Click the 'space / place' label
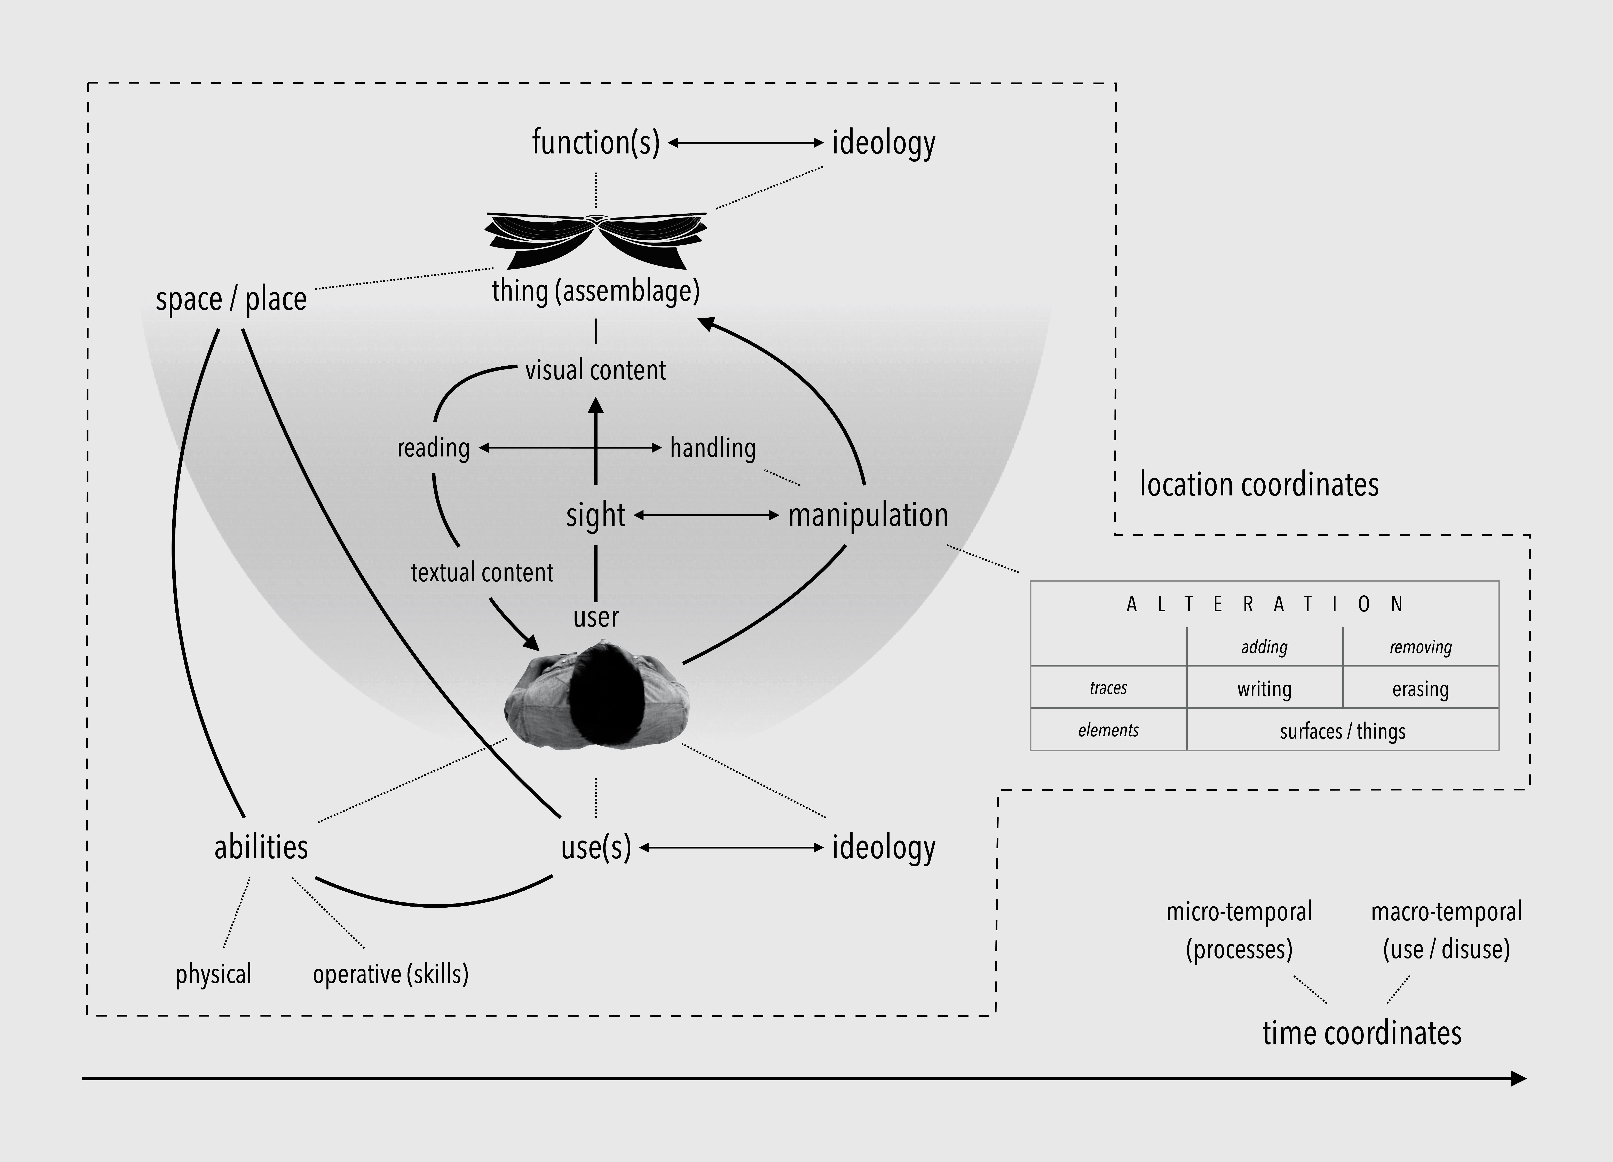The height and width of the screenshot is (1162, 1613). click(231, 299)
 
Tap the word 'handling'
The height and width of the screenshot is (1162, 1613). click(713, 448)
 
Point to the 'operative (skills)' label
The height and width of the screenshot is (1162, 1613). click(390, 974)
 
